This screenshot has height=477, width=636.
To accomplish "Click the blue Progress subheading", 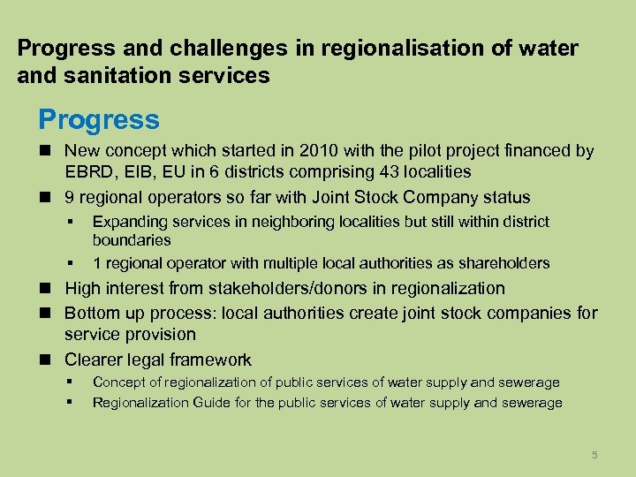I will click(x=98, y=119).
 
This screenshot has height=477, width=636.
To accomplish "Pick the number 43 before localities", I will click(x=365, y=172).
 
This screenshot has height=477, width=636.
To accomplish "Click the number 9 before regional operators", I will click(x=70, y=197).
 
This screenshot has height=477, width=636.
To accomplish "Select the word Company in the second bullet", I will click(x=430, y=197).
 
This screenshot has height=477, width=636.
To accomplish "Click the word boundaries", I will click(x=132, y=240).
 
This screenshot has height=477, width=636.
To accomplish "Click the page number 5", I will click(x=594, y=455).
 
